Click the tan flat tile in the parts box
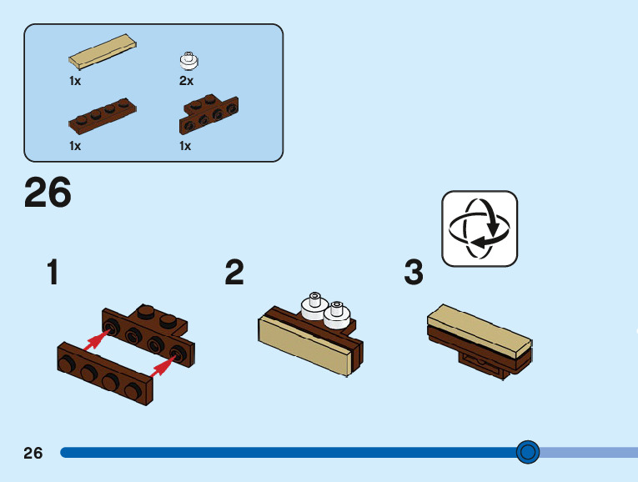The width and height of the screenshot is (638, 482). click(103, 52)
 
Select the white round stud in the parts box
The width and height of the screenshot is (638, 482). click(189, 60)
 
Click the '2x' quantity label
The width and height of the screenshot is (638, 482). click(186, 81)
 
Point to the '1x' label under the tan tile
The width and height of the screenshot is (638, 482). click(75, 81)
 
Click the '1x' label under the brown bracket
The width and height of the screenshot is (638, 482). click(185, 146)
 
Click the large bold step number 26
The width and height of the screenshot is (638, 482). click(48, 193)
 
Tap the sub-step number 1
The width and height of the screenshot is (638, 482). click(53, 273)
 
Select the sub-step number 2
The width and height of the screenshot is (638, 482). click(234, 273)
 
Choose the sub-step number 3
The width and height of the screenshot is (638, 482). click(414, 273)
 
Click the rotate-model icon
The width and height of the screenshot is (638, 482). click(480, 228)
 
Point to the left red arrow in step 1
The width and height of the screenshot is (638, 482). click(99, 338)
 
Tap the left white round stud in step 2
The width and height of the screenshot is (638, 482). click(314, 306)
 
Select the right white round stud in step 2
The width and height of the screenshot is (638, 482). click(336, 314)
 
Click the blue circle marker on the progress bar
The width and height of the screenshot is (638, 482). click(527, 452)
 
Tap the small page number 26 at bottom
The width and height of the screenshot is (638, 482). click(33, 453)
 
